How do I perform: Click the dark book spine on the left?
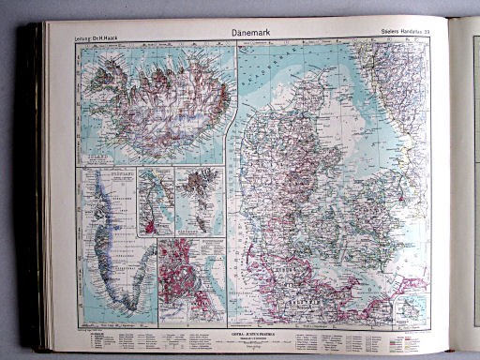tap(37, 187)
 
